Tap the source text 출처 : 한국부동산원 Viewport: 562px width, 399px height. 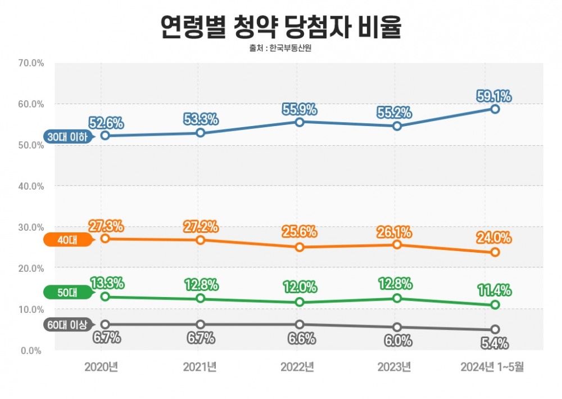(280, 48)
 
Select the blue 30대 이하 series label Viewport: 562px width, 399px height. (68, 137)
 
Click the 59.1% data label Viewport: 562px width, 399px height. (495, 96)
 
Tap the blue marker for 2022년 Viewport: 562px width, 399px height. (300, 122)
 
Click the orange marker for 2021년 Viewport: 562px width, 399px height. (201, 240)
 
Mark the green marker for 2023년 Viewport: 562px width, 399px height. (397, 298)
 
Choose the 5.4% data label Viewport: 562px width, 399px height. (495, 342)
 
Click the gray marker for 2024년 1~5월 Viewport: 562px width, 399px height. (495, 330)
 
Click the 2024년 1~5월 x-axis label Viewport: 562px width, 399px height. (492, 367)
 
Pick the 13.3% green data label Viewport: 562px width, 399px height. (106, 283)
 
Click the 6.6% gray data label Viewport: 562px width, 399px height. (300, 339)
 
